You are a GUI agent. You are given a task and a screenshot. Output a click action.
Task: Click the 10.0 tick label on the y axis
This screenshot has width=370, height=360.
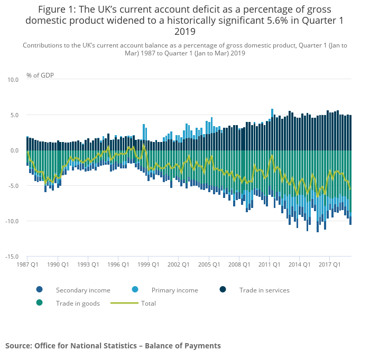13,80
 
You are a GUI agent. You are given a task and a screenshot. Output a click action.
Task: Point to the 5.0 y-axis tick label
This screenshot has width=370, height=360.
14,115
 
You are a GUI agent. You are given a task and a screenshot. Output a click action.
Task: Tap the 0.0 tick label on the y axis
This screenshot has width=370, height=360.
14,150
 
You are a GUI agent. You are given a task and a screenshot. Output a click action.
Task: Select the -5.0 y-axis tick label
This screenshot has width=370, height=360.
13,186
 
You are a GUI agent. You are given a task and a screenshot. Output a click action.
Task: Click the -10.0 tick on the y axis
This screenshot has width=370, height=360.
12,221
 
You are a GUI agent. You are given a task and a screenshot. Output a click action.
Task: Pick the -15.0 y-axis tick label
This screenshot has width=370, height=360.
12,257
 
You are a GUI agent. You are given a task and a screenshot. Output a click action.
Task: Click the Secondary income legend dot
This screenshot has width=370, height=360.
40,290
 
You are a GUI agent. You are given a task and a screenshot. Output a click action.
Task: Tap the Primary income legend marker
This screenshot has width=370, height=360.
135,290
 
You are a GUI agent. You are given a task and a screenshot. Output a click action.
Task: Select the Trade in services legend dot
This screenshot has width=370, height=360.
223,290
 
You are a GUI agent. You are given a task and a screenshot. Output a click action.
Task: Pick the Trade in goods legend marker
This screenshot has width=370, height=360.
40,303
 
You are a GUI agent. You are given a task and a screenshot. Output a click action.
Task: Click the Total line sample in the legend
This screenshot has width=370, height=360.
125,303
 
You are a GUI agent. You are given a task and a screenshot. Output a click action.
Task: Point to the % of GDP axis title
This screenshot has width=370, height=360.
40,75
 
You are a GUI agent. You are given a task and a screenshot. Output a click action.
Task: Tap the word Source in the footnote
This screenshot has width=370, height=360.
18,346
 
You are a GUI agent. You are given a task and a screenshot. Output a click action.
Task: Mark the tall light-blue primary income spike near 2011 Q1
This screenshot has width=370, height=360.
272,112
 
